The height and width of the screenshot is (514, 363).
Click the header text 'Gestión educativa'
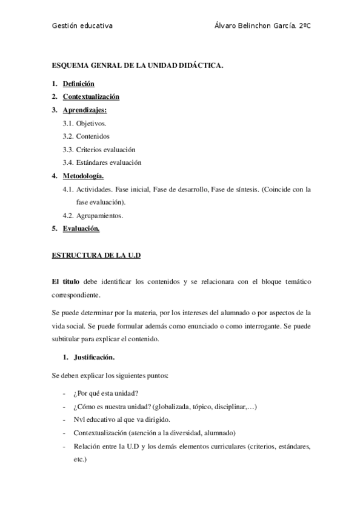point(82,27)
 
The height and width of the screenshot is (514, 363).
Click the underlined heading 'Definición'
point(79,84)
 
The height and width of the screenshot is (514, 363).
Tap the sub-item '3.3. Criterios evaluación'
point(99,149)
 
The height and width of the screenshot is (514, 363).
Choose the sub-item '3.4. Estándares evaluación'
point(102,162)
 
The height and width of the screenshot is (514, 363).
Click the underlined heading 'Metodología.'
point(84,176)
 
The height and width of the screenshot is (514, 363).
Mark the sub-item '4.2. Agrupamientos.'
point(93,215)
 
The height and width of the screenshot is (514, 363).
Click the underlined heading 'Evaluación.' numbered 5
point(81,229)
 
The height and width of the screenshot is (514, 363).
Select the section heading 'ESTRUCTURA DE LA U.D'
point(96,256)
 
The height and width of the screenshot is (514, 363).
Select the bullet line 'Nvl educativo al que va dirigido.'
point(122,419)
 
